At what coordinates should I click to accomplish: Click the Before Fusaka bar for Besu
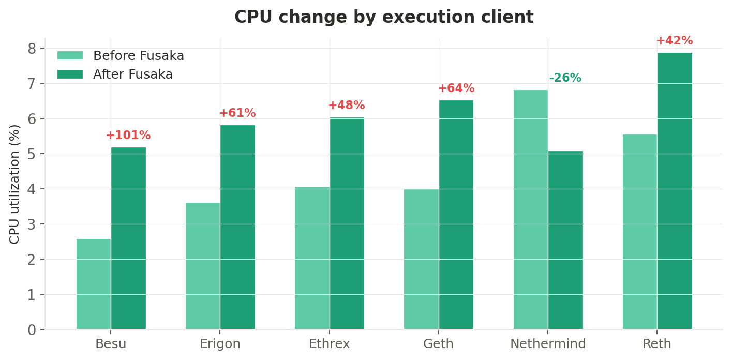point(94,284)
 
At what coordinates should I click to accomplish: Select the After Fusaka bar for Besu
point(128,238)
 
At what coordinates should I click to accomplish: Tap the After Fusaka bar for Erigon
point(237,227)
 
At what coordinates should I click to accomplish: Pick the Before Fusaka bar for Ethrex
point(312,258)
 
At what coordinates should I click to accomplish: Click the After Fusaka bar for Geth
point(456,215)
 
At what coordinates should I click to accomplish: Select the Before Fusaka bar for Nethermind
point(530,209)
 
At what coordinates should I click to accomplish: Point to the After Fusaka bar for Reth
point(675,191)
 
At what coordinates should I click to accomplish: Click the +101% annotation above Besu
point(128,136)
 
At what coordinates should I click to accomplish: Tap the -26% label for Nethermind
point(565,78)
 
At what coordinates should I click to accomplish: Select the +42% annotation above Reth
point(675,41)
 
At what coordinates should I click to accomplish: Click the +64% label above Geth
point(456,88)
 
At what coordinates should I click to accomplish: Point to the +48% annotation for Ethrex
point(347,106)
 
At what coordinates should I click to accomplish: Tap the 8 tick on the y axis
point(32,49)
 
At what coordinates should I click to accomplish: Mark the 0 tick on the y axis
point(32,330)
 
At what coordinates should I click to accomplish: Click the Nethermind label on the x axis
point(548,344)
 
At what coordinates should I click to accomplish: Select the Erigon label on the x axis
point(220,344)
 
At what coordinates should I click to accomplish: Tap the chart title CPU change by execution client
point(384,17)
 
